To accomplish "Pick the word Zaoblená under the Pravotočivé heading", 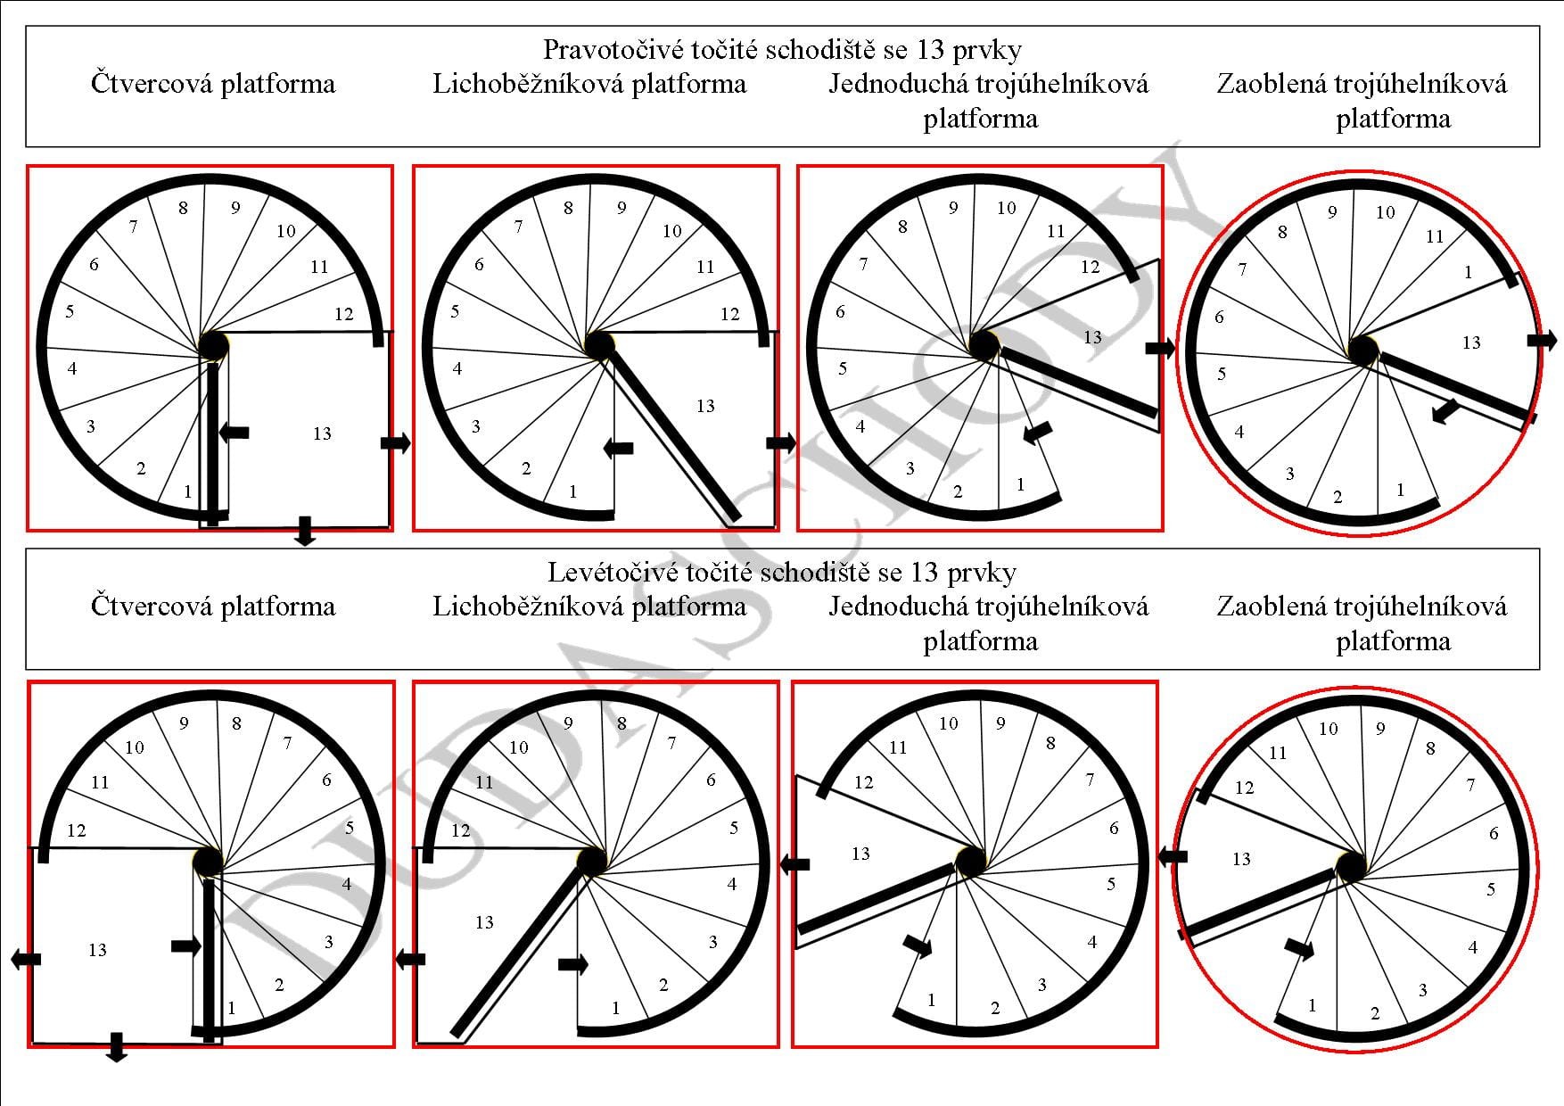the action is click(x=1270, y=84).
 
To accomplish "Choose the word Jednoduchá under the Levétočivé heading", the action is click(x=897, y=607).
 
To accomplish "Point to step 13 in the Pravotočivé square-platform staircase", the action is click(x=322, y=434).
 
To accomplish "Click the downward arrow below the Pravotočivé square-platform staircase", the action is click(x=305, y=531).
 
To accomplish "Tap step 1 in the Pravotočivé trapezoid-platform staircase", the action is click(x=572, y=491).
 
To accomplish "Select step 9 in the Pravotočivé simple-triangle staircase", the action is click(x=953, y=208).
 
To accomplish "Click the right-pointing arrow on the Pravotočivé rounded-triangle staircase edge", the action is click(x=1543, y=340).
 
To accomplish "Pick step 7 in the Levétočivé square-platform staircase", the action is click(x=287, y=743).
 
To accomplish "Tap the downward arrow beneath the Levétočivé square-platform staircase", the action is click(x=116, y=1047).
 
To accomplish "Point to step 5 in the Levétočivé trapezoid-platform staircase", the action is click(x=733, y=828).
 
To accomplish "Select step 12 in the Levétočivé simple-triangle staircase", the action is click(x=863, y=783).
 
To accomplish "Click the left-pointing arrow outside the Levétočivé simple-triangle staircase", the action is click(x=794, y=863).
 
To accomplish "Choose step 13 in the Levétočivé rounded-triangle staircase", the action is click(x=1241, y=860).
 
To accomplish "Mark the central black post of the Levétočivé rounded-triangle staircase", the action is click(x=1351, y=866).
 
